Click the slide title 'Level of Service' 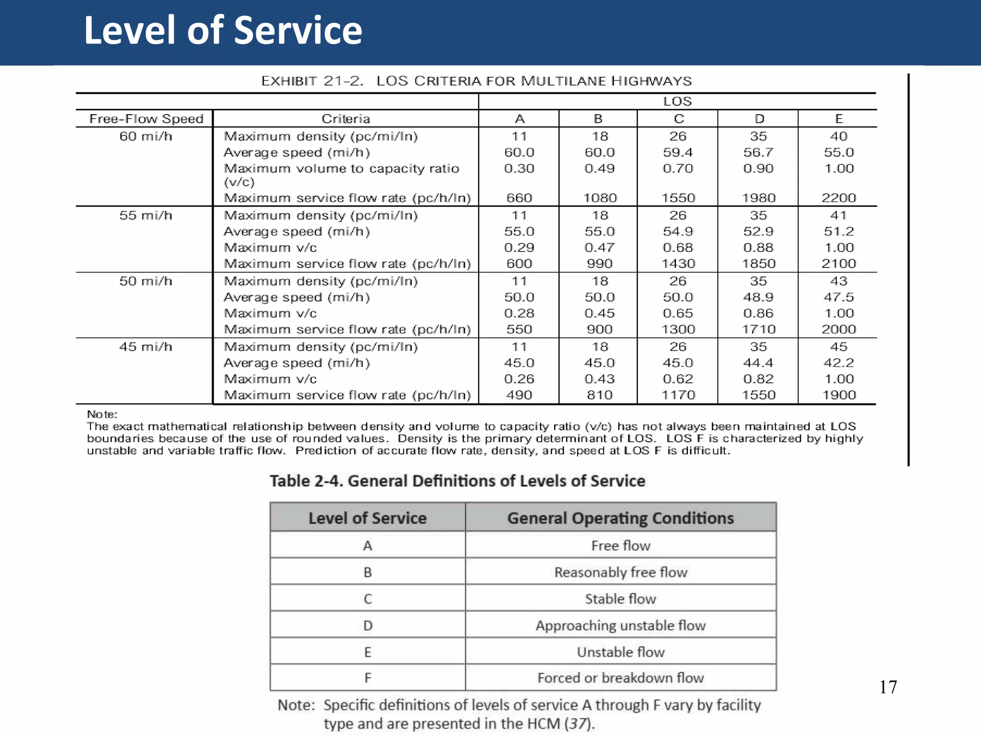[223, 31]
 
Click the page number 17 [888, 687]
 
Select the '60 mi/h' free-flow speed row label [146, 137]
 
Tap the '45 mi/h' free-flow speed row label [146, 347]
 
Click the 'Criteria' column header [345, 119]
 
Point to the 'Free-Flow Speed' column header [146, 119]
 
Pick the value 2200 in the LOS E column [838, 198]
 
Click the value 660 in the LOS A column [519, 198]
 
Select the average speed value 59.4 [678, 152]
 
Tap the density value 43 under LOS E [838, 281]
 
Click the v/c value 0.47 [599, 248]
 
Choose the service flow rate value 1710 [758, 330]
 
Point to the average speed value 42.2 [838, 363]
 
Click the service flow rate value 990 [599, 264]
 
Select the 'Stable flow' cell [620, 599]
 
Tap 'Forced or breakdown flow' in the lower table [620, 678]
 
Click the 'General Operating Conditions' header [620, 518]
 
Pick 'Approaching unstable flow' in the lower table [620, 625]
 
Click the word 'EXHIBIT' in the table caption [289, 81]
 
